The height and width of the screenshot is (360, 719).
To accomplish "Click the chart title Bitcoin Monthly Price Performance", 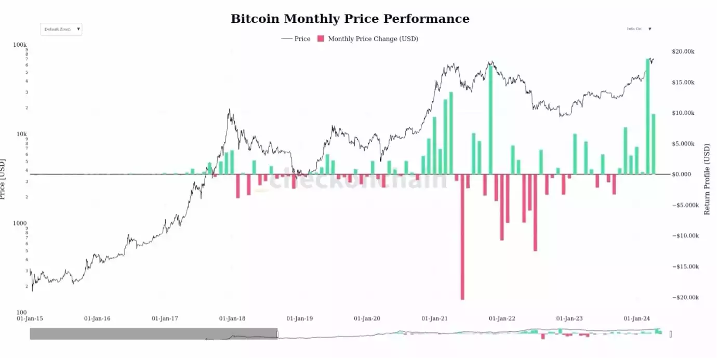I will (350, 19).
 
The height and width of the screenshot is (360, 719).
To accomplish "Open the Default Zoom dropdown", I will (61, 30).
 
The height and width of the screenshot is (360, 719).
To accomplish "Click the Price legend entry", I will (296, 39).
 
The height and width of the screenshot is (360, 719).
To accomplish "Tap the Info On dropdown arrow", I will (649, 29).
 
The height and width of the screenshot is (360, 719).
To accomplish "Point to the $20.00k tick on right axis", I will (683, 51).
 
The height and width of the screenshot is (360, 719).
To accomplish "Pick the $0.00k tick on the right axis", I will (684, 175).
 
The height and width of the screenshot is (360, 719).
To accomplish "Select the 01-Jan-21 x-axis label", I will (434, 318).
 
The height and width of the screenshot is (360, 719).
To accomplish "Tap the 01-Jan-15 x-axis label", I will (30, 318).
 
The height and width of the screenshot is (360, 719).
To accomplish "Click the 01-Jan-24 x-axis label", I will (636, 318).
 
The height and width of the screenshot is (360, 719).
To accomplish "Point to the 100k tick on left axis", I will (20, 45).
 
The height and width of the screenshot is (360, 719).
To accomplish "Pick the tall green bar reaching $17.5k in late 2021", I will (490, 119).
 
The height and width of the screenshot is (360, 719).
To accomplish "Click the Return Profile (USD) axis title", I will (707, 180).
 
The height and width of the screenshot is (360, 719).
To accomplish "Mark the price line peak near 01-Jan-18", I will (229, 110).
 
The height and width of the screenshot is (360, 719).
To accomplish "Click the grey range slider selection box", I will (153, 334).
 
